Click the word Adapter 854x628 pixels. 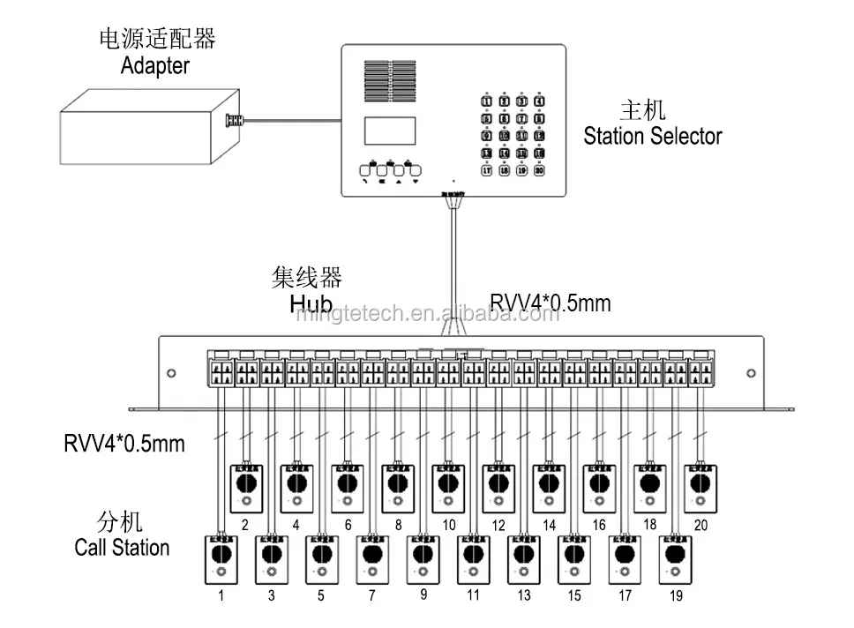tap(155, 65)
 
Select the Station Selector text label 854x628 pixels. tap(652, 136)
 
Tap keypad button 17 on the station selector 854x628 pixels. tap(486, 171)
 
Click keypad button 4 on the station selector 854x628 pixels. tap(539, 101)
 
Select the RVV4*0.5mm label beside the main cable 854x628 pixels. tap(550, 303)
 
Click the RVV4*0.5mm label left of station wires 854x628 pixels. tap(124, 442)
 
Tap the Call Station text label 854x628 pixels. tap(122, 547)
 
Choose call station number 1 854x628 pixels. tap(220, 559)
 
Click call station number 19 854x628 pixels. tap(675, 559)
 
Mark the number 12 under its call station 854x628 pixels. tap(498, 526)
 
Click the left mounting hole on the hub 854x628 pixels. tap(171, 373)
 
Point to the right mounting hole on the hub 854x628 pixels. tap(751, 373)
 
